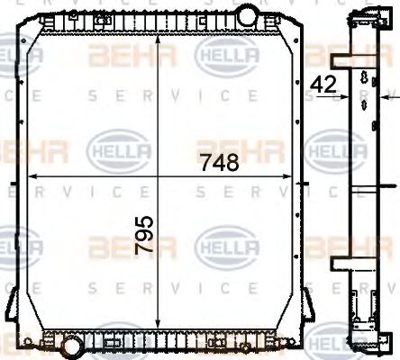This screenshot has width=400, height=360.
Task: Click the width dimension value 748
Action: [220, 163]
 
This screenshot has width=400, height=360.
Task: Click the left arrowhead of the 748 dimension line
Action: [32, 175]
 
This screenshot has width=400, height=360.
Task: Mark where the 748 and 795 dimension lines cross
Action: [159, 175]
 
